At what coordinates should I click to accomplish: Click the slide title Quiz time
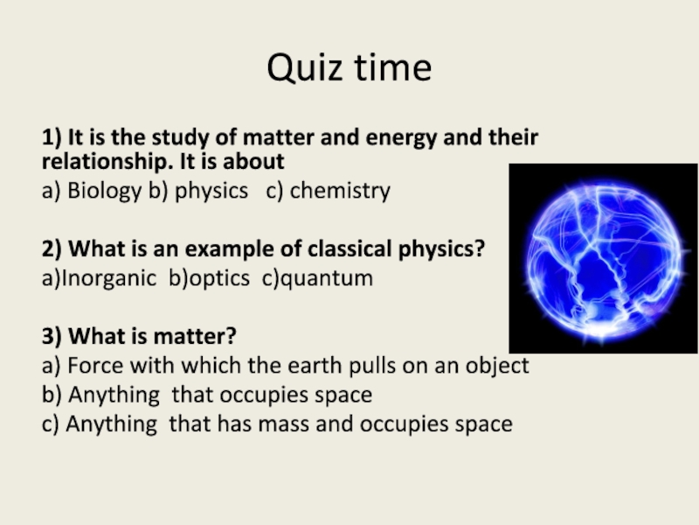[349, 68]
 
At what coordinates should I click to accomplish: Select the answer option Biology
[104, 191]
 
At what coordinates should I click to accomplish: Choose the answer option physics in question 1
[211, 191]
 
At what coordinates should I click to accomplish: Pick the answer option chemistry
[340, 191]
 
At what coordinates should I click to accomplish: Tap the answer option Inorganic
[108, 278]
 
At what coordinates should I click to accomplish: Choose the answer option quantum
[327, 278]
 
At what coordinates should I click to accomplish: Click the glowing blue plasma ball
[603, 258]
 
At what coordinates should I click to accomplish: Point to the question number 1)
[52, 137]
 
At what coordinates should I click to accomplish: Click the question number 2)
[52, 249]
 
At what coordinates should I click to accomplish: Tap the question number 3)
[52, 336]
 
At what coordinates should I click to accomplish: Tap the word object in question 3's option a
[497, 367]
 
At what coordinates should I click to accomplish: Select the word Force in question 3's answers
[95, 366]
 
